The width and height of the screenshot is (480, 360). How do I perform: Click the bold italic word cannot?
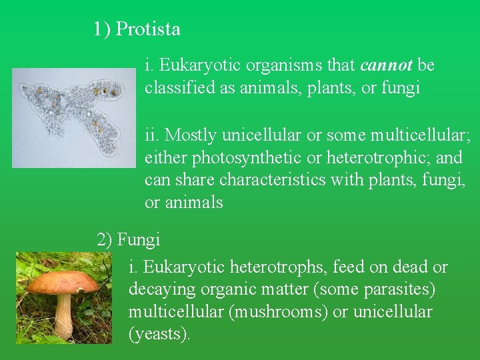click(x=387, y=65)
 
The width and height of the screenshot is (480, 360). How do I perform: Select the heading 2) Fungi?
click(x=128, y=239)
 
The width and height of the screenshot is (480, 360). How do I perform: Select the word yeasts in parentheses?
click(x=159, y=334)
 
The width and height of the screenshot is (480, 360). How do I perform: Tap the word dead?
click(x=407, y=268)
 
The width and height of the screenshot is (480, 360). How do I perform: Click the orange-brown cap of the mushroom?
click(x=63, y=281)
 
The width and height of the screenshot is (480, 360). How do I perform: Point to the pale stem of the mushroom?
click(x=63, y=315)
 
